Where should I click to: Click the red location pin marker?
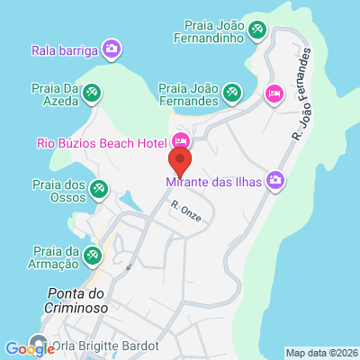(x=180, y=162)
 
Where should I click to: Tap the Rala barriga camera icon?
(x=111, y=49)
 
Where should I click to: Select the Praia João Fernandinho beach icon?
(x=258, y=31)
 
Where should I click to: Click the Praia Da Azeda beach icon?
(x=91, y=92)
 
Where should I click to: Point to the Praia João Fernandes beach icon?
(x=232, y=92)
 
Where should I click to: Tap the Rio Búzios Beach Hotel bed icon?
(x=181, y=141)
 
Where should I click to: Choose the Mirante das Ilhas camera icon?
(x=274, y=181)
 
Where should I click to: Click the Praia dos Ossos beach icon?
(x=100, y=189)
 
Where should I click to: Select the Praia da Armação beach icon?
(x=91, y=256)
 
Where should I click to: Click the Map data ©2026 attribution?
(x=321, y=353)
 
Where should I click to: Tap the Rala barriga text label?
(x=64, y=50)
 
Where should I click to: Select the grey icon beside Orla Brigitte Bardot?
(x=39, y=344)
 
